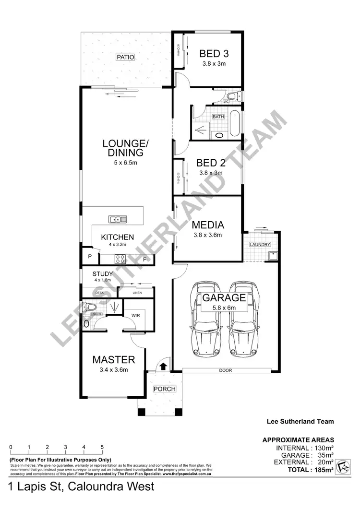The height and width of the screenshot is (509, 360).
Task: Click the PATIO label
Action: (x=124, y=57)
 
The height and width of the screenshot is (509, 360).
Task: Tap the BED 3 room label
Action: (x=213, y=53)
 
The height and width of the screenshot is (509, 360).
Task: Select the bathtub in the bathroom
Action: (x=235, y=123)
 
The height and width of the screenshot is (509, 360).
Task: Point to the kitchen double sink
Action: (x=118, y=219)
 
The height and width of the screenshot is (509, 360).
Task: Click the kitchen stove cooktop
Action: (x=120, y=259)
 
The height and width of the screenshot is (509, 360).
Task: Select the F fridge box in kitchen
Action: (x=144, y=259)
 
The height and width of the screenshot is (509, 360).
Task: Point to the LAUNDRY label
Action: (x=260, y=245)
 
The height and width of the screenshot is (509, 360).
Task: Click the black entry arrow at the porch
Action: (x=163, y=367)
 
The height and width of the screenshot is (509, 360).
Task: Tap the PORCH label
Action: (x=164, y=389)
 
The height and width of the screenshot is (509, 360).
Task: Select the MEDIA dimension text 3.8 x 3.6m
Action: (x=207, y=235)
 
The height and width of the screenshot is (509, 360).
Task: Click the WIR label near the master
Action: (x=135, y=316)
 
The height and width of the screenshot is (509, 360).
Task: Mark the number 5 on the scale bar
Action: (x=102, y=447)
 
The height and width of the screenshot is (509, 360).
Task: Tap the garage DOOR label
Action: (x=225, y=370)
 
